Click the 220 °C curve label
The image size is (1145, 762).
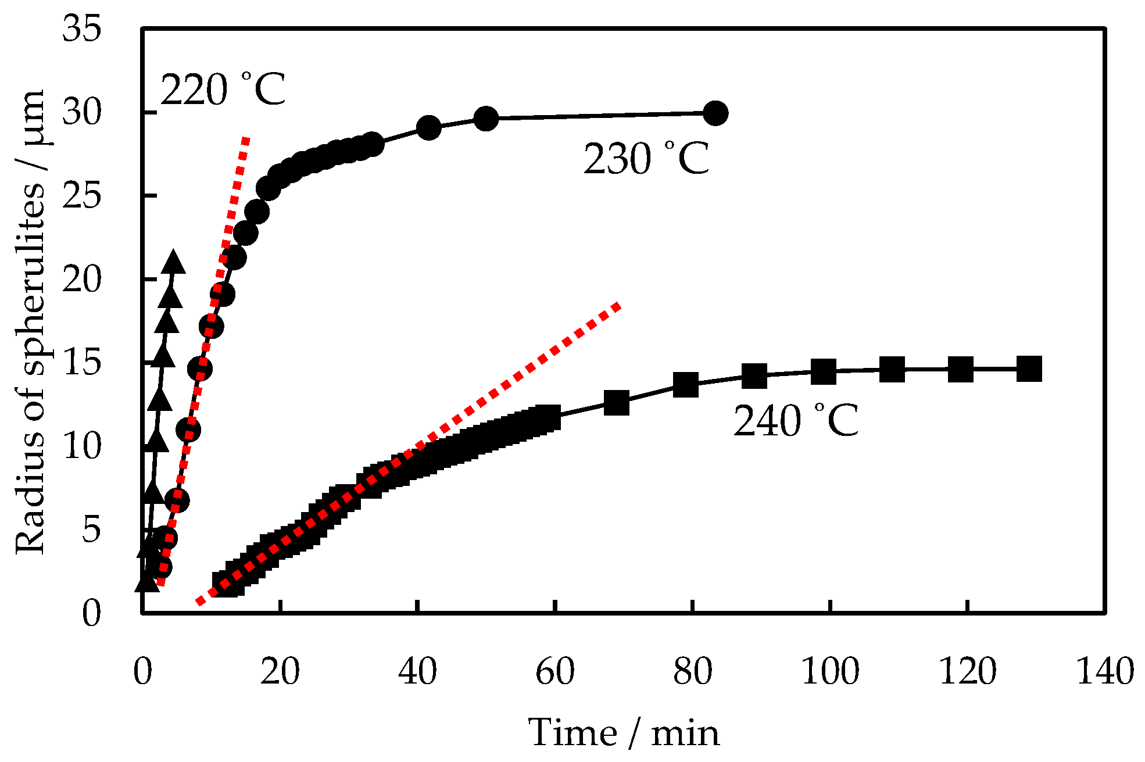pyautogui.click(x=223, y=90)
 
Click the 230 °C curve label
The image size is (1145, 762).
pyautogui.click(x=646, y=159)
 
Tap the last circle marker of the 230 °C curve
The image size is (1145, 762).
pyautogui.click(x=715, y=113)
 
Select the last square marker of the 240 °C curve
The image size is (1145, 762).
pyautogui.click(x=1029, y=369)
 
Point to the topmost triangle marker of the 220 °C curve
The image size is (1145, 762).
pyautogui.click(x=173, y=263)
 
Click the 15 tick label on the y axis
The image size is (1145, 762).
pyautogui.click(x=82, y=363)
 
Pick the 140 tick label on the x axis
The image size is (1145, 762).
pyautogui.click(x=1105, y=672)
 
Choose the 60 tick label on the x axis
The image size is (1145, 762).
pyautogui.click(x=554, y=672)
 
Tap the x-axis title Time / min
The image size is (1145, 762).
pyautogui.click(x=624, y=732)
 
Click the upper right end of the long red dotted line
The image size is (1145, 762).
pyautogui.click(x=618, y=306)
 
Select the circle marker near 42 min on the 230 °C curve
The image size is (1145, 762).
pyautogui.click(x=429, y=127)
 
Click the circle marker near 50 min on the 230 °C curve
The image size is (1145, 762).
pyautogui.click(x=486, y=119)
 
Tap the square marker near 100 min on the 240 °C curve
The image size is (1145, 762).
pyautogui.click(x=823, y=371)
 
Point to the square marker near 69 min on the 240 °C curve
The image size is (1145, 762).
pyautogui.click(x=617, y=402)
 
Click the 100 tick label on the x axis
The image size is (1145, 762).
pyautogui.click(x=830, y=672)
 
